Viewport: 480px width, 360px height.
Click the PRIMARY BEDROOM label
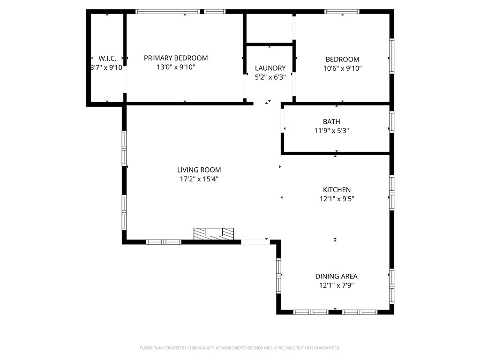(x=176, y=58)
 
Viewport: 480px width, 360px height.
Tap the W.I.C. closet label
(x=107, y=59)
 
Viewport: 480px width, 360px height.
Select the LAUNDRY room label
(x=270, y=68)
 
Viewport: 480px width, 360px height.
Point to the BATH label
(x=331, y=121)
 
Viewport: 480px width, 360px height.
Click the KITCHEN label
(x=337, y=190)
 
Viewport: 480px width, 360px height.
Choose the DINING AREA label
(x=337, y=277)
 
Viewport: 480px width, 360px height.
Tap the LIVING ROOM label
(x=199, y=170)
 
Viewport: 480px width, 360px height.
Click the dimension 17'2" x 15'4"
(x=199, y=179)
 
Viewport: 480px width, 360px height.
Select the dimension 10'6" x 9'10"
(x=343, y=68)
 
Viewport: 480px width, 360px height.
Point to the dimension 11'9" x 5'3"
(x=332, y=131)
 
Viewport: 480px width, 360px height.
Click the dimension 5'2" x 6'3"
(x=270, y=77)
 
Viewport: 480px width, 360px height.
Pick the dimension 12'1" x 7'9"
(x=337, y=285)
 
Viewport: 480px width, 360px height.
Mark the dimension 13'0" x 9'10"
(x=176, y=67)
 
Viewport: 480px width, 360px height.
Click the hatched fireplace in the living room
(x=214, y=234)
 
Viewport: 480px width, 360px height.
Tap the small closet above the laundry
(x=270, y=28)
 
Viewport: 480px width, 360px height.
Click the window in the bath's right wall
(x=391, y=122)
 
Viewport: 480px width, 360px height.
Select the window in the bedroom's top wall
(x=342, y=12)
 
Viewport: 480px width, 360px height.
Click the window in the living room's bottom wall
(x=164, y=242)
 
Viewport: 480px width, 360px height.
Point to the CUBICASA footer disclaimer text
(x=240, y=348)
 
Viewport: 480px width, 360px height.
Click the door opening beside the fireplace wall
(x=255, y=242)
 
